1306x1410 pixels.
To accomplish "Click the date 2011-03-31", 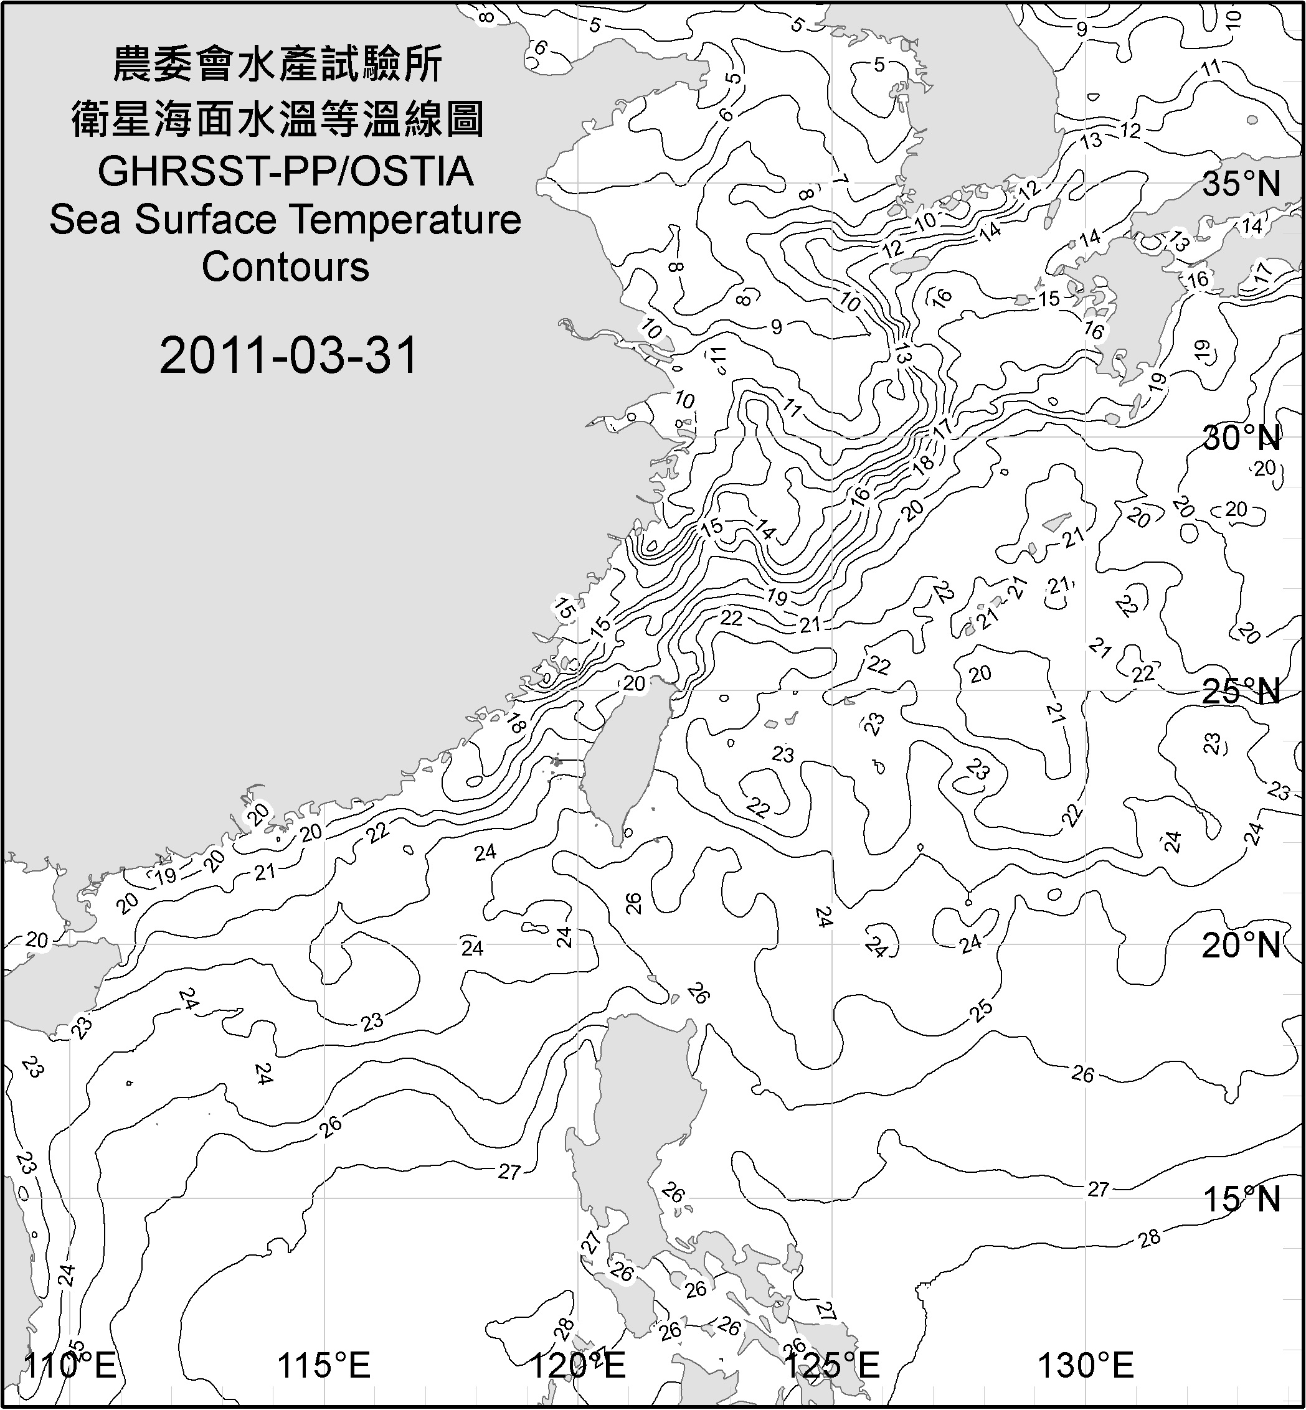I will tap(289, 355).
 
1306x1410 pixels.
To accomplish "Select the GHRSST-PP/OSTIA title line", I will tap(285, 172).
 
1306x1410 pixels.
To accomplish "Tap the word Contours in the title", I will tap(285, 267).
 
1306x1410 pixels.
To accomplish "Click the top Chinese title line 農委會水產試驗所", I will tap(278, 65).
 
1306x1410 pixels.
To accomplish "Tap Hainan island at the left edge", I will tap(42, 989).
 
